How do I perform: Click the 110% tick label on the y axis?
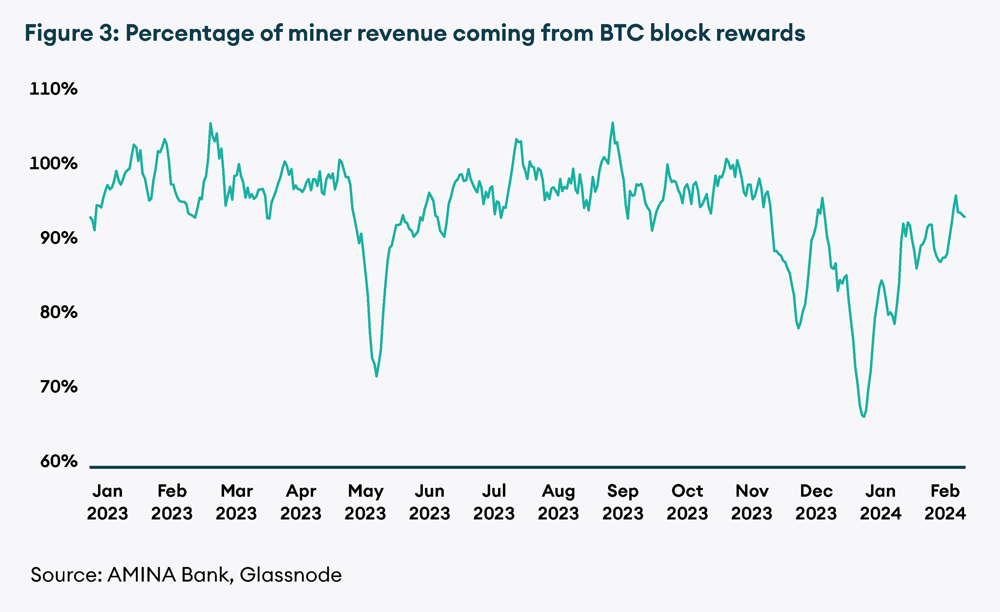click(53, 89)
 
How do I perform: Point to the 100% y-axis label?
click(53, 163)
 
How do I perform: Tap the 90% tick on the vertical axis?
click(58, 238)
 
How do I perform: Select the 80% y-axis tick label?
click(58, 312)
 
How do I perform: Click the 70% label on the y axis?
click(58, 387)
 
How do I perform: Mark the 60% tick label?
click(58, 461)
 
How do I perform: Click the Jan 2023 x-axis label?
click(107, 502)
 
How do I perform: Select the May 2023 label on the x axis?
click(365, 502)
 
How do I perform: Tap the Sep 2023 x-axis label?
click(623, 502)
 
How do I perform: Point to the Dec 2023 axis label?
click(816, 502)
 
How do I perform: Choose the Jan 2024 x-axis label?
click(880, 502)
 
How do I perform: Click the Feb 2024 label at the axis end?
click(945, 502)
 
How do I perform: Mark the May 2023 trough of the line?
click(376, 376)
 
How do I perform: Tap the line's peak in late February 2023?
click(210, 123)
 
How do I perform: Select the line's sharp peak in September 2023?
click(612, 122)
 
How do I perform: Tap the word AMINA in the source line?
click(141, 575)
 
